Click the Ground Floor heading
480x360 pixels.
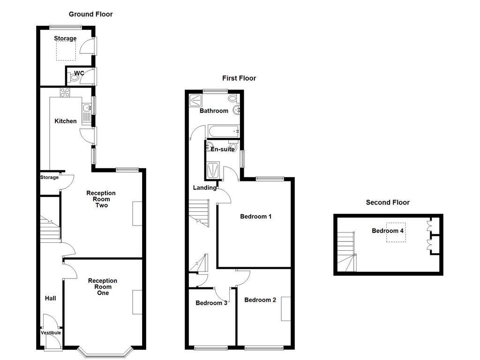[x=90, y=14]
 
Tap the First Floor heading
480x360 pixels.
[x=239, y=78]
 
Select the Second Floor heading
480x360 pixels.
[x=388, y=202]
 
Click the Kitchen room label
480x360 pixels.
[x=66, y=121]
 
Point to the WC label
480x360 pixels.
[x=79, y=73]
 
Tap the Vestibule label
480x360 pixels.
[x=51, y=333]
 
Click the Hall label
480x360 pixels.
[x=50, y=298]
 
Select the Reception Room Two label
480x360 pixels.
[x=101, y=199]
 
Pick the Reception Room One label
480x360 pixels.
[x=103, y=287]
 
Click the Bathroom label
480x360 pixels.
[x=214, y=111]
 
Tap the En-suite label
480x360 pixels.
[x=222, y=150]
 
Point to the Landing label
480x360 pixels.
[x=205, y=188]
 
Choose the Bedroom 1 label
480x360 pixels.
[x=256, y=217]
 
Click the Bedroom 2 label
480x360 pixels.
[x=260, y=300]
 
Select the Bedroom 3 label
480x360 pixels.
[x=211, y=303]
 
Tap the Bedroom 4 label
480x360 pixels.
[x=388, y=231]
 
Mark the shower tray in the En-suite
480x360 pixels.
[x=213, y=170]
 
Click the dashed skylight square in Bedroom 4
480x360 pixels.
[x=396, y=232]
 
